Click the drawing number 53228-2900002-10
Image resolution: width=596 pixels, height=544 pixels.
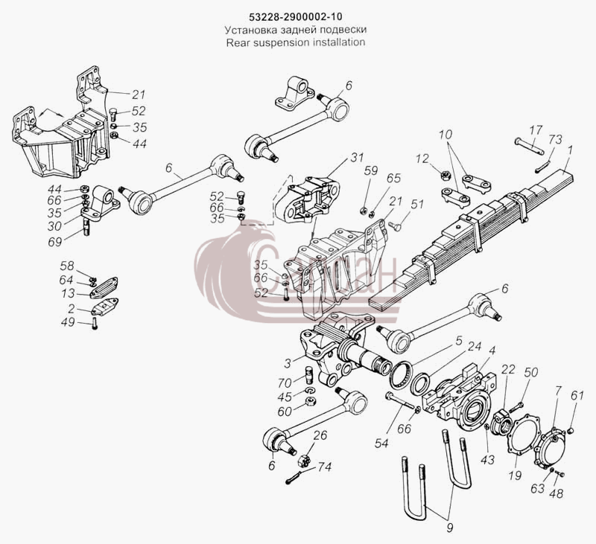(295, 17)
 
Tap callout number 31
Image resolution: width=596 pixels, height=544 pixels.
(357, 158)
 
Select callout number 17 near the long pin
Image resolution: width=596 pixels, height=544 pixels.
(536, 130)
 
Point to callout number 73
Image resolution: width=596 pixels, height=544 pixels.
(554, 139)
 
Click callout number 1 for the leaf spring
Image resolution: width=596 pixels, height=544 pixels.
(569, 150)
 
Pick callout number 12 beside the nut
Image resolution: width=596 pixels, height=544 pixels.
(422, 159)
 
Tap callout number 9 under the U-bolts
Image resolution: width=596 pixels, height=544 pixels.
(450, 528)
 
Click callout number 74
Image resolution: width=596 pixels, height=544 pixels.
(324, 467)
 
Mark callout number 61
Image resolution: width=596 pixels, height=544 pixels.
(577, 396)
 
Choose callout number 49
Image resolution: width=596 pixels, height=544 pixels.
(68, 322)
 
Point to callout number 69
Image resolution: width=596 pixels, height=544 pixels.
(54, 242)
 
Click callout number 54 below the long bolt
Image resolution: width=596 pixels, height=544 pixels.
(381, 443)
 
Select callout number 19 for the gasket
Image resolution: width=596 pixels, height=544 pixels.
(515, 475)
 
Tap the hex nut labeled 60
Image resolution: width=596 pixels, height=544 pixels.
(311, 401)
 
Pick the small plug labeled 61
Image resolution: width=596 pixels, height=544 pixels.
(570, 430)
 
